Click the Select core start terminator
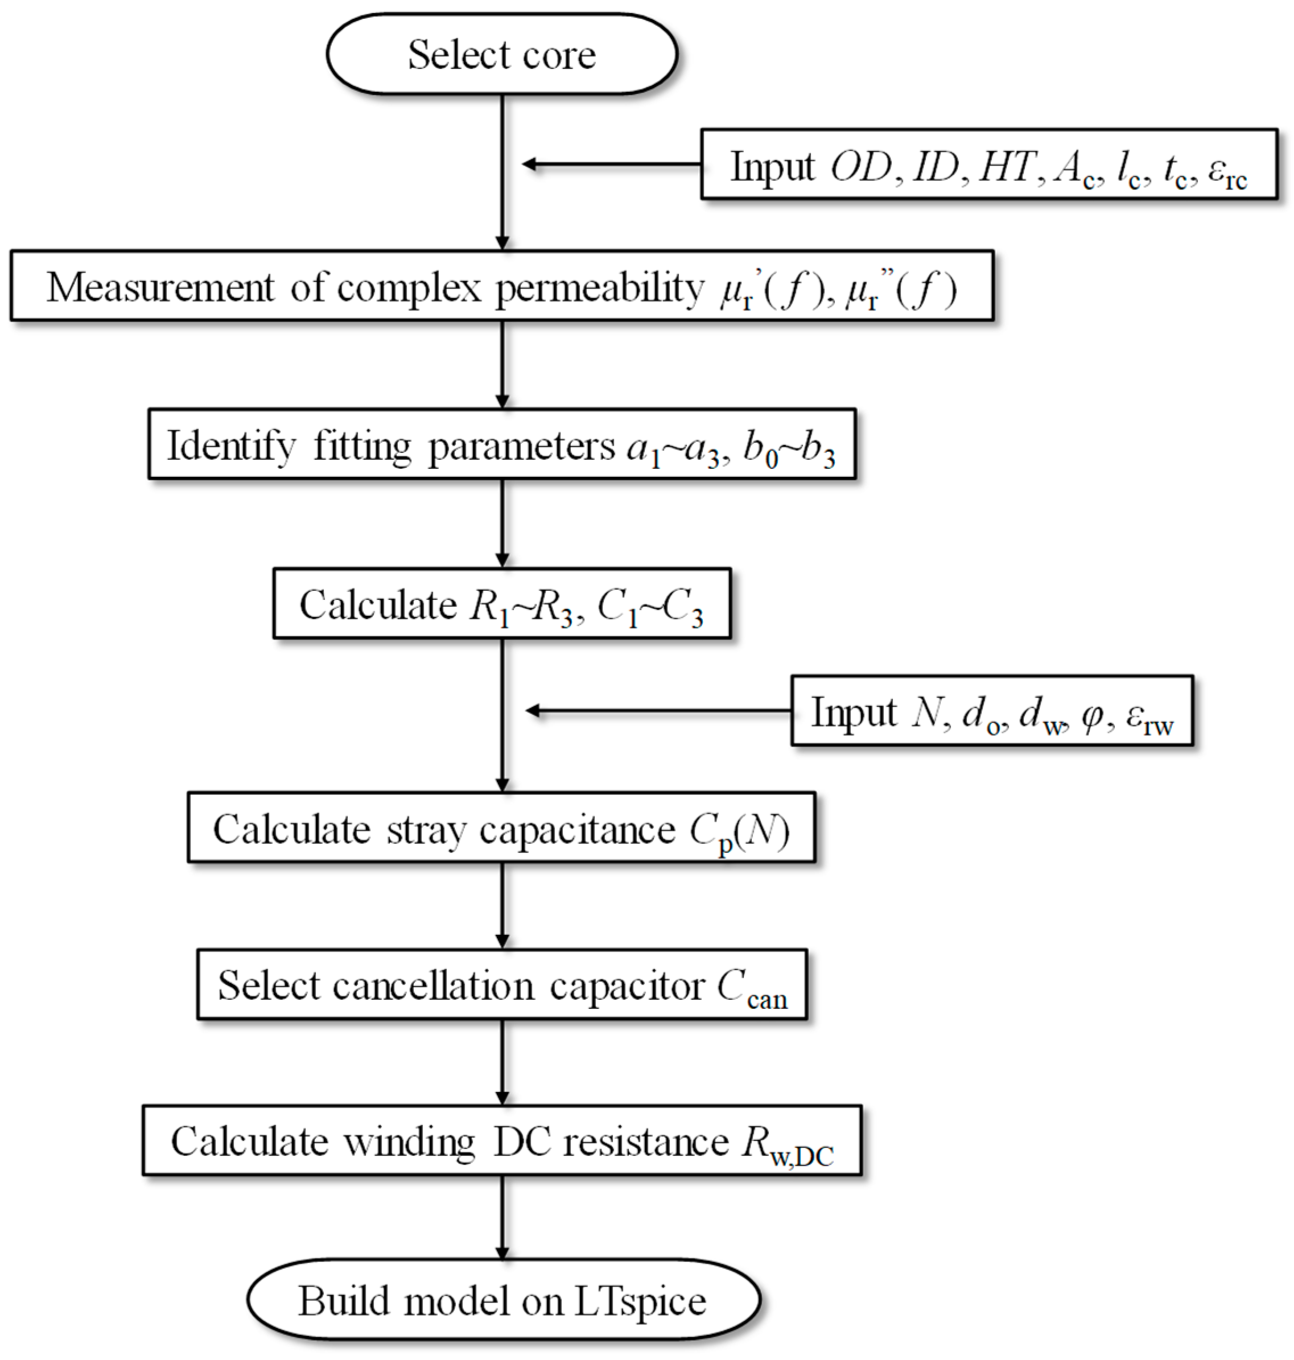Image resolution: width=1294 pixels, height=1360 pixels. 501,55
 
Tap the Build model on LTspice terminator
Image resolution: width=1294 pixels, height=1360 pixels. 503,1301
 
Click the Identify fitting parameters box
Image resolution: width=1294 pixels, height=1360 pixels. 501,445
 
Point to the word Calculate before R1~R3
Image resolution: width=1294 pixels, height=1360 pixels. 377,605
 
